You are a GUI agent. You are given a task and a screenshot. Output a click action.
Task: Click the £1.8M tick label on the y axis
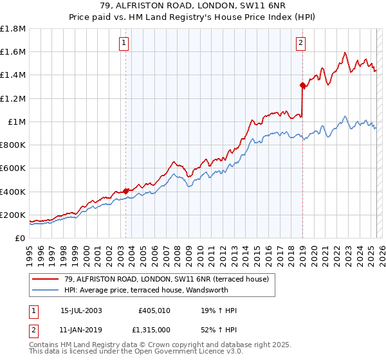(13, 29)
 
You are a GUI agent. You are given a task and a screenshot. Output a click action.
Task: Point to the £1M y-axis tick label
(17, 122)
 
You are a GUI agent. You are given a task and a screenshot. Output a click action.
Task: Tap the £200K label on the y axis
(13, 215)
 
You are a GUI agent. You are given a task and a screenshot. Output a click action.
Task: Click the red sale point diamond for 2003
(126, 191)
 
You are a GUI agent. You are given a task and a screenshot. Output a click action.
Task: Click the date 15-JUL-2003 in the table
(81, 311)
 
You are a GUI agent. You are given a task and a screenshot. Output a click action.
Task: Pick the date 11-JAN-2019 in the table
(81, 328)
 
